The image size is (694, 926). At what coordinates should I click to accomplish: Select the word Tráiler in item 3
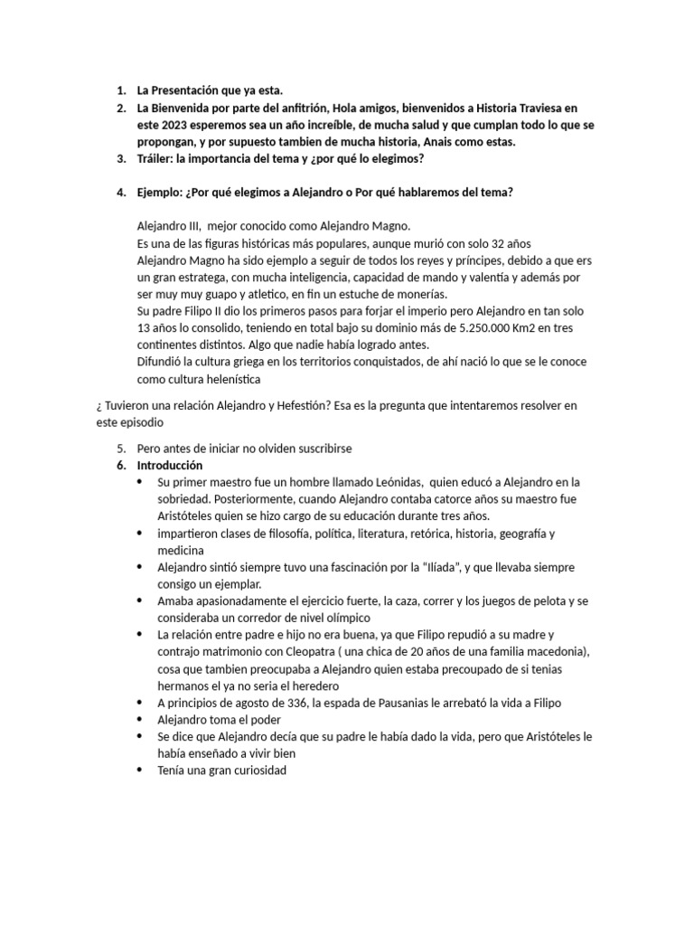[x=155, y=159]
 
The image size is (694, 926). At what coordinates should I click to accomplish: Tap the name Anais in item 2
[x=440, y=142]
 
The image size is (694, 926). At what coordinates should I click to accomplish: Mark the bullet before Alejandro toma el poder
[x=140, y=720]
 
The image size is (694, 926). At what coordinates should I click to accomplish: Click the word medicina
[x=181, y=550]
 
